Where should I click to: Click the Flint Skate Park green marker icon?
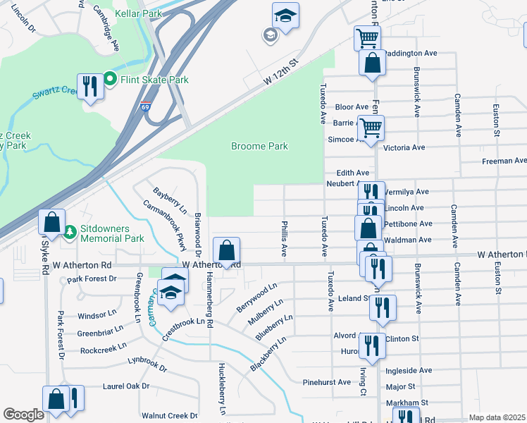pyautogui.click(x=111, y=80)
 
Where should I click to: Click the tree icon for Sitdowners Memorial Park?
pyautogui.click(x=70, y=231)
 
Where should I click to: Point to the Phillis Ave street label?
pyautogui.click(x=285, y=240)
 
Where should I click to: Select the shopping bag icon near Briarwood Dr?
pyautogui.click(x=226, y=250)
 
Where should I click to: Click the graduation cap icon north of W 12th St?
pyautogui.click(x=285, y=15)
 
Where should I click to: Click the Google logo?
pyautogui.click(x=23, y=414)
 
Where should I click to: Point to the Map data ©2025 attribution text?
pyautogui.click(x=497, y=417)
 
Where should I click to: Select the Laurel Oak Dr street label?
pyautogui.click(x=106, y=386)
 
